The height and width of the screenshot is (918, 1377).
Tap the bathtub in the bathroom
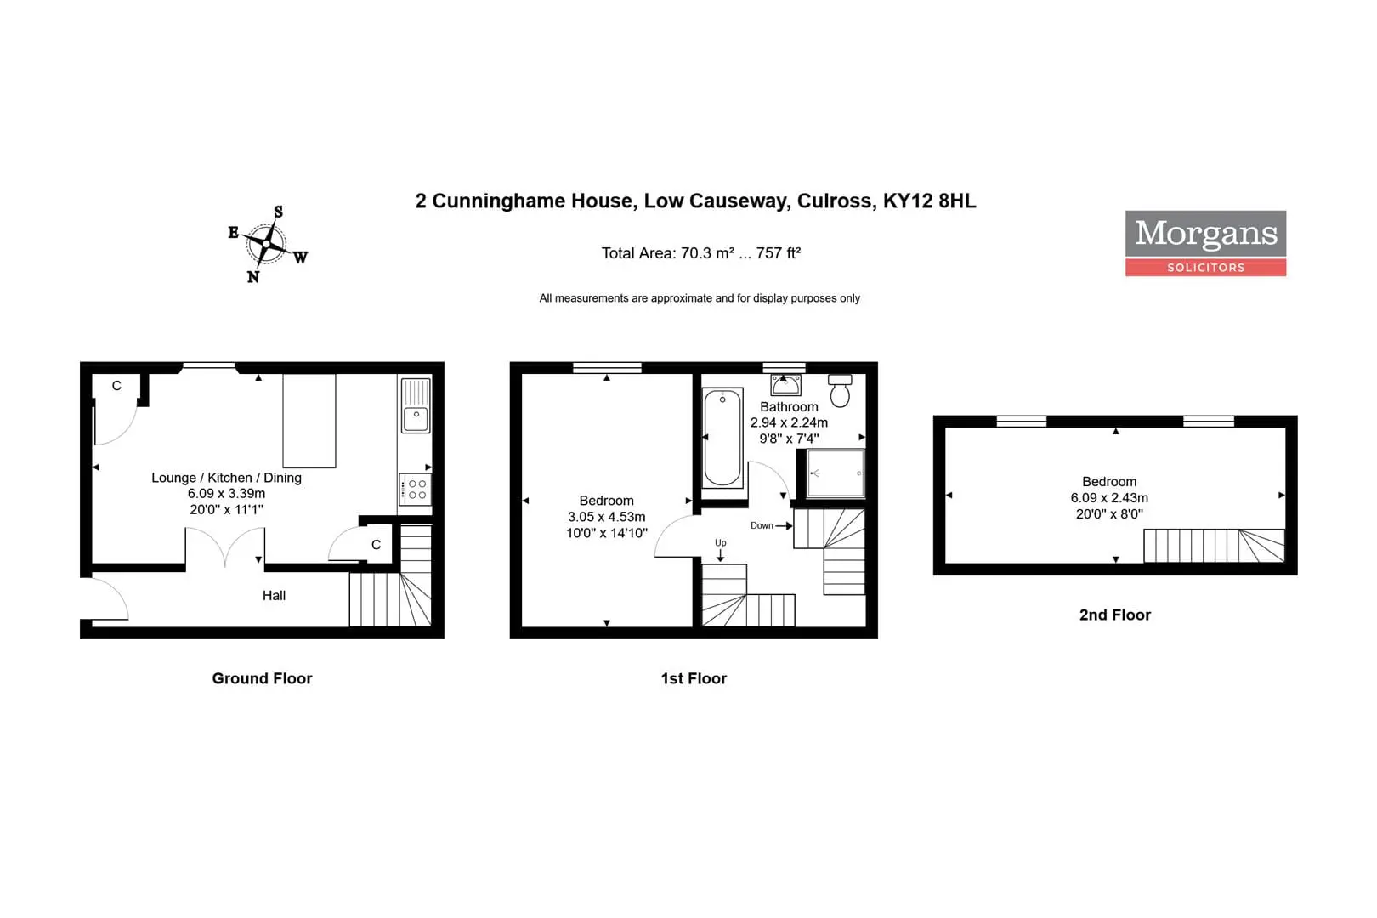(x=722, y=437)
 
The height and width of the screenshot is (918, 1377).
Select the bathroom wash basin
(x=785, y=385)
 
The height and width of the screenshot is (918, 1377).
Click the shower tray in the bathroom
(x=836, y=473)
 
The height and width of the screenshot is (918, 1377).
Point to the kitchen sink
(x=416, y=405)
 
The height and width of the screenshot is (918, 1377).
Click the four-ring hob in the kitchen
(x=415, y=489)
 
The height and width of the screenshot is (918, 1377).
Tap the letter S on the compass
(x=279, y=212)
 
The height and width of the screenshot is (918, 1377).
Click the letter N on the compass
(x=252, y=277)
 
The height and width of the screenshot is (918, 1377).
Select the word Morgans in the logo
(x=1205, y=234)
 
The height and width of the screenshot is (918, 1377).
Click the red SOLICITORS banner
(x=1205, y=268)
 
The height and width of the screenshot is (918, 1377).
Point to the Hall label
(x=275, y=595)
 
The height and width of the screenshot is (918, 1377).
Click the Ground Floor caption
(x=263, y=678)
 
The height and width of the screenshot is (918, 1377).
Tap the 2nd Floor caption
(x=1115, y=615)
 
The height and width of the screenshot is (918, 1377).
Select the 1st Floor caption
(x=694, y=678)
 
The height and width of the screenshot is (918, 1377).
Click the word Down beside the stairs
(x=762, y=525)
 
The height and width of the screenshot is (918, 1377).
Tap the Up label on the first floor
(x=721, y=543)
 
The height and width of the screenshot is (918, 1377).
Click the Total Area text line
(x=700, y=253)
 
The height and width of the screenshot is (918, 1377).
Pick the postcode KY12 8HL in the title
(x=930, y=201)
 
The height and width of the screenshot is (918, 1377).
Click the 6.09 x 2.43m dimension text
(x=1109, y=498)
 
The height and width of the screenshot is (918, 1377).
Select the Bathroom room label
(x=790, y=407)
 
